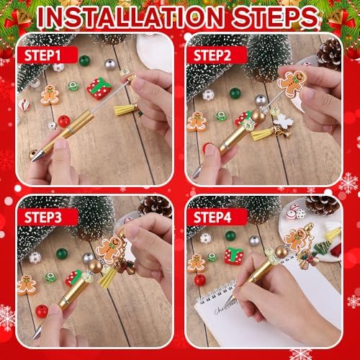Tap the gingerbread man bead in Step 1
click(x=50, y=94)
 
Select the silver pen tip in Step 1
click(x=34, y=155)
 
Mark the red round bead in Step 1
click(x=64, y=120)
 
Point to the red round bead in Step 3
click(x=42, y=311)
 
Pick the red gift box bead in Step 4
click(x=233, y=255)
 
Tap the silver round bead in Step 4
click(x=254, y=240)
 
